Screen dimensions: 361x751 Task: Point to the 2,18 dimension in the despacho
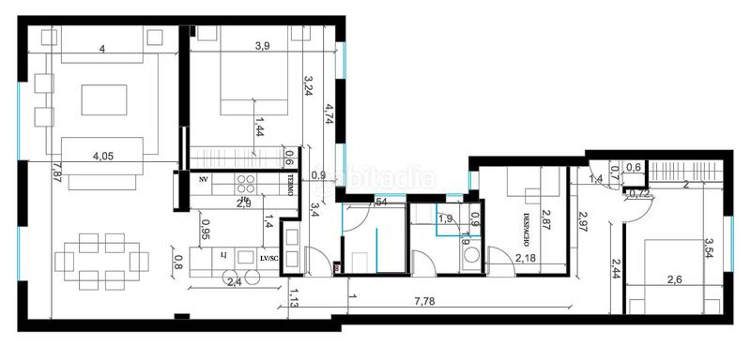pos(525,258)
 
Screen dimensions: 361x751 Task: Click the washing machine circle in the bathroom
pos(469,253)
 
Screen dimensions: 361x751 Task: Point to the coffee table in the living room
pos(102,98)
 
